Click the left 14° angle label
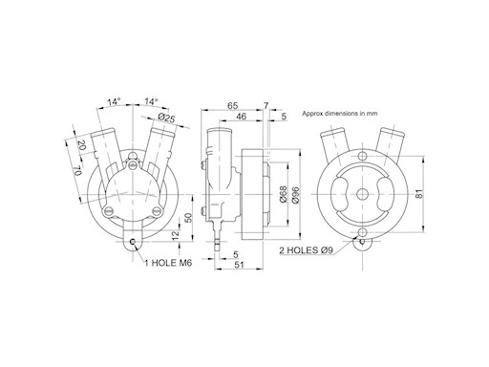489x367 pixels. [114, 102]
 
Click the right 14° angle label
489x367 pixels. [151, 101]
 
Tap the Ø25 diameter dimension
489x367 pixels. [167, 118]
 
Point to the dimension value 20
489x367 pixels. [82, 145]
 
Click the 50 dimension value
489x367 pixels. [188, 218]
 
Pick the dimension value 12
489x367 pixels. [176, 235]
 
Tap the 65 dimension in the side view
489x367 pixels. [233, 105]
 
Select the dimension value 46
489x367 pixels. [241, 116]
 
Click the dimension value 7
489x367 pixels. [266, 105]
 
